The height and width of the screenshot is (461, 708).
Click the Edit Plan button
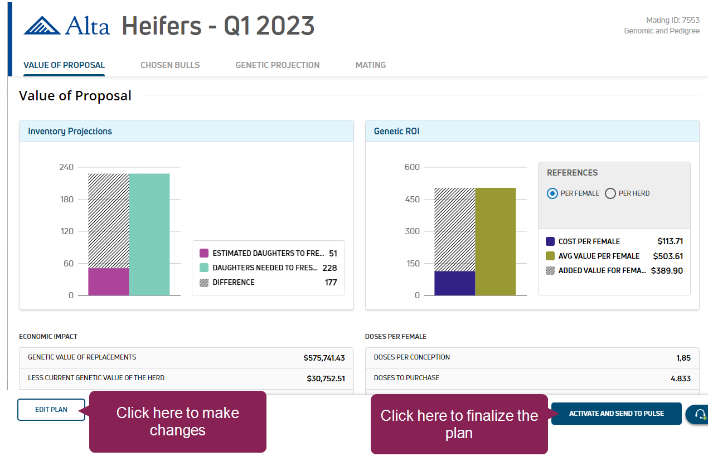point(51,410)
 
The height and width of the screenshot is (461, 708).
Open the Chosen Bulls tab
point(170,65)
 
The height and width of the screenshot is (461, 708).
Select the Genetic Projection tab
point(278,65)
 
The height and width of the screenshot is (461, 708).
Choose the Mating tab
point(371,65)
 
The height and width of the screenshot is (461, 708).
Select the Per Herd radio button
point(610,193)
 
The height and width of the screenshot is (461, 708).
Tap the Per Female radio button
point(552,193)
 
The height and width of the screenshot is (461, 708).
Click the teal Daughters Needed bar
point(149,234)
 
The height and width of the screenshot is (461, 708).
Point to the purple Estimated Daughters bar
point(109,282)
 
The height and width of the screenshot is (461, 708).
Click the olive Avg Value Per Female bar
point(496,241)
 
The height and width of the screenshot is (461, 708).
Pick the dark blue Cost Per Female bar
point(455,283)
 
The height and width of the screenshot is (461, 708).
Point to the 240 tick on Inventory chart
point(66,167)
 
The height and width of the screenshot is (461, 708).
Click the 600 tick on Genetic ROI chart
point(413,167)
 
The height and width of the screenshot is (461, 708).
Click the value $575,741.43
point(324,358)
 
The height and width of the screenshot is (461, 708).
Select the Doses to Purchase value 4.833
point(680,378)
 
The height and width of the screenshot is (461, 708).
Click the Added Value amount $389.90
point(667,271)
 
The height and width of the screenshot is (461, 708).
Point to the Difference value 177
point(331,283)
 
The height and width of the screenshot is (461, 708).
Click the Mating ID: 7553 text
point(672,21)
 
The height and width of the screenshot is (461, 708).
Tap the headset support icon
point(699,414)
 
